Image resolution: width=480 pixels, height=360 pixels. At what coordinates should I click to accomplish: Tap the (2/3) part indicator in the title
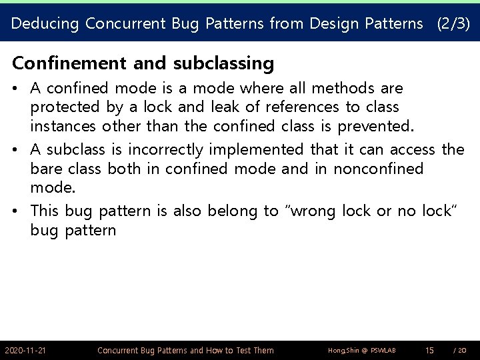tap(453, 24)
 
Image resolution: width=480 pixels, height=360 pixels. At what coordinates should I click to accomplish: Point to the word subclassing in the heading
tap(223, 63)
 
